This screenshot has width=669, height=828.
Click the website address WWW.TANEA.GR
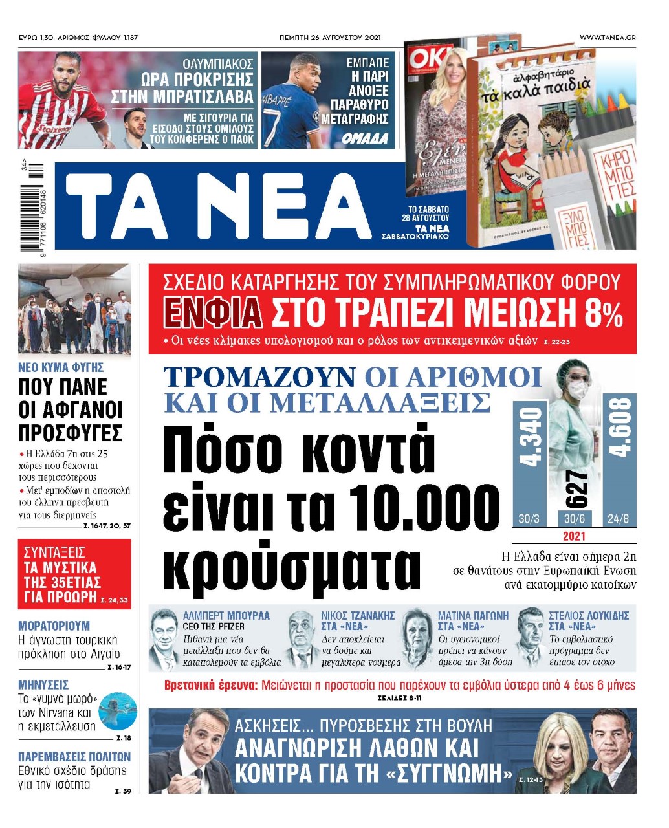(x=607, y=38)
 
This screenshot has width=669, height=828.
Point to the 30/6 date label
(x=574, y=519)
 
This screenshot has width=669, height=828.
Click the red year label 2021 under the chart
(x=574, y=536)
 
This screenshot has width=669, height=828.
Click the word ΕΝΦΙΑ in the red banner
(x=213, y=312)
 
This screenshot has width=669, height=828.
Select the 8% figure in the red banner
(x=603, y=314)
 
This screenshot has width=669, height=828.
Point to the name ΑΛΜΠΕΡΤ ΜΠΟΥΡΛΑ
(x=226, y=615)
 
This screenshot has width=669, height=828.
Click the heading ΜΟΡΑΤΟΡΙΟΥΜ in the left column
(x=54, y=626)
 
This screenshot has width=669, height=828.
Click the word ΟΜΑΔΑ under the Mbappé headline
(x=365, y=138)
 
